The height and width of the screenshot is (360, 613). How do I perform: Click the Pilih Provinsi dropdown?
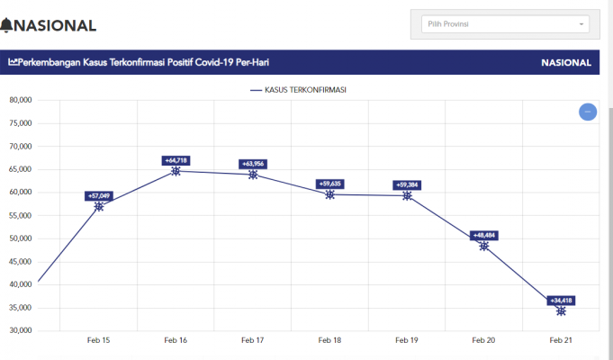tap(505, 23)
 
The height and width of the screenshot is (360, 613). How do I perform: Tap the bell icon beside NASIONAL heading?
tap(7, 25)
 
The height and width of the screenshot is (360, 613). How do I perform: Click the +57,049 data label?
tap(99, 195)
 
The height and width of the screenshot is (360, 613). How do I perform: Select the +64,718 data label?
tap(176, 160)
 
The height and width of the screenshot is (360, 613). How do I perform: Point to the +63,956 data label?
tap(253, 164)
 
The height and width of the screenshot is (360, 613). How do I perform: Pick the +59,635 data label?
tap(330, 184)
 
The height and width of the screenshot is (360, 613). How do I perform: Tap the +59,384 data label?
tap(407, 184)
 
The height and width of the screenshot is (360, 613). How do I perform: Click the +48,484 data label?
tap(484, 235)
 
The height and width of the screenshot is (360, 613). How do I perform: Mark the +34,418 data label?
tap(561, 301)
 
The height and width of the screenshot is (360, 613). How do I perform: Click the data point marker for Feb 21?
tap(561, 310)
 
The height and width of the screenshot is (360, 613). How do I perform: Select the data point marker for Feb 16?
tap(176, 170)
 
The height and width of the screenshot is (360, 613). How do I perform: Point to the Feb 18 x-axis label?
tap(330, 340)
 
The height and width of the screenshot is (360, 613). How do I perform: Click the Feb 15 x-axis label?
tap(99, 340)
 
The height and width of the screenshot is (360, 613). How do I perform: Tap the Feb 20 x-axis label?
tap(484, 340)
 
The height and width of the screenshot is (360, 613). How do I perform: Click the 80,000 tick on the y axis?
tap(20, 100)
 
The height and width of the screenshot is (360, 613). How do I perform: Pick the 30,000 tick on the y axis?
tap(20, 330)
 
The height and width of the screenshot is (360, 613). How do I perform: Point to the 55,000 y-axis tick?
tap(20, 215)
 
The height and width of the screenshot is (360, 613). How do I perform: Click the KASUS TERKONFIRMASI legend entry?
tap(299, 90)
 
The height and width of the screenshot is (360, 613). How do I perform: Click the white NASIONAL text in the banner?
tap(566, 63)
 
